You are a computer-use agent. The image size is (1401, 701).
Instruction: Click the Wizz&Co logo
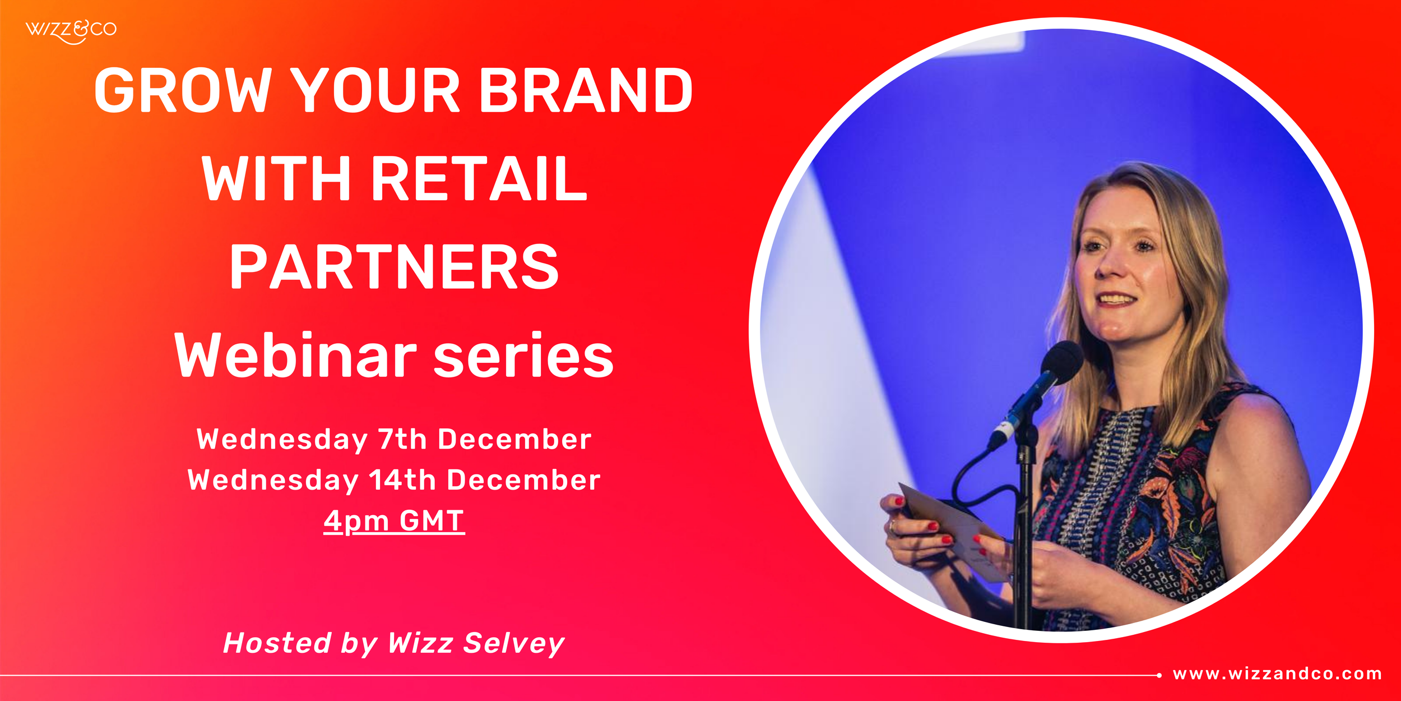(71, 31)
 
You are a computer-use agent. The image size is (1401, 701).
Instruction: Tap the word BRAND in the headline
(586, 91)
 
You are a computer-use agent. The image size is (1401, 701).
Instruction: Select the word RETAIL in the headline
(479, 179)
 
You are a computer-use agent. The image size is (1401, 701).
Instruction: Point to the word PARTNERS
(394, 268)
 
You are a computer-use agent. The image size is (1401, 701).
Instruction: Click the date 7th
(402, 439)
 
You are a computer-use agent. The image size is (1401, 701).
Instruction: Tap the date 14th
(402, 480)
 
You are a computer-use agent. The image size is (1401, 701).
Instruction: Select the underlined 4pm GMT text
(394, 521)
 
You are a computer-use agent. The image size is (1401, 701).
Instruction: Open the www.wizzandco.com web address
(1277, 674)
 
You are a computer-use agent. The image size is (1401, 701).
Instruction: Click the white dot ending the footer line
(1159, 675)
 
